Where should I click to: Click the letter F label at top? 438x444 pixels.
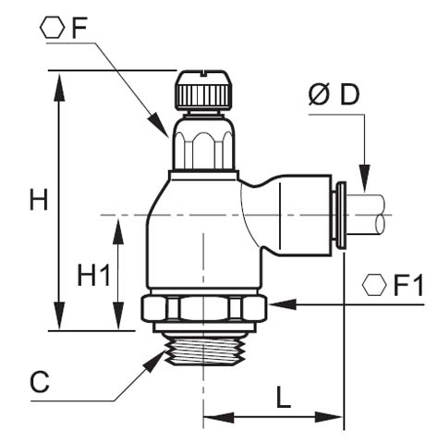(79, 28)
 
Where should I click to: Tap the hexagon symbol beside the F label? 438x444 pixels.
(55, 28)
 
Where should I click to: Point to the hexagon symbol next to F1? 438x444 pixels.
(374, 285)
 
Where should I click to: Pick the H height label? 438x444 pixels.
(38, 199)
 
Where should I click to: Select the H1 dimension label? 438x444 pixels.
(92, 275)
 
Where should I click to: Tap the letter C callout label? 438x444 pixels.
(39, 381)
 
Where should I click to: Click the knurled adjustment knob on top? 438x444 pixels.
(201, 90)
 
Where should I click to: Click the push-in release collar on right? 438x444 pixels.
(339, 214)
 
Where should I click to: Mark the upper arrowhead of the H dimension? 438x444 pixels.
(61, 82)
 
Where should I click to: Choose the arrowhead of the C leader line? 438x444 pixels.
(155, 361)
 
